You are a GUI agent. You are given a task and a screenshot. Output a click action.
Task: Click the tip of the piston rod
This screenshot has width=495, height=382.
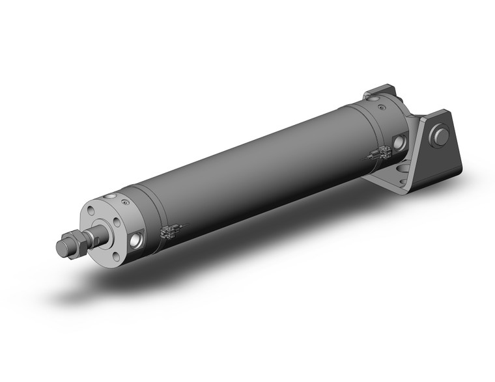[60, 247]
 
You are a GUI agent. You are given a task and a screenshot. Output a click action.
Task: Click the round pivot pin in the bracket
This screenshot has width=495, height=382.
[442, 137]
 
